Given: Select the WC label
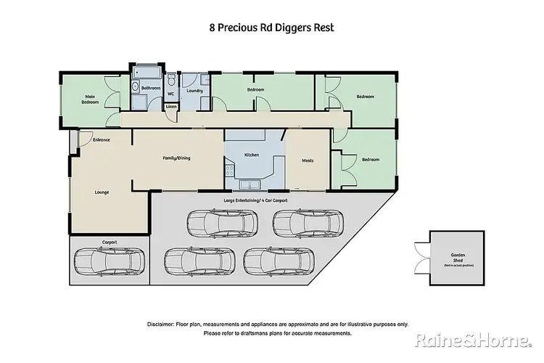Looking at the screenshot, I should point(170,94).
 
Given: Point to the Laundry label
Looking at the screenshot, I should point(194,91).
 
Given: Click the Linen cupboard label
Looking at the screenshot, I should point(170,107).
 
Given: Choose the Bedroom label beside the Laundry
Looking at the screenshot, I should point(255,91).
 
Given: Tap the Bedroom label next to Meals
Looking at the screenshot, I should point(370,160).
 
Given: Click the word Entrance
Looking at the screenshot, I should point(91,139).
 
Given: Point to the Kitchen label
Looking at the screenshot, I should point(252,155).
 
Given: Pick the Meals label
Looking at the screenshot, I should point(308,160).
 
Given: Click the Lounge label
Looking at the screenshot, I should point(102,192).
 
